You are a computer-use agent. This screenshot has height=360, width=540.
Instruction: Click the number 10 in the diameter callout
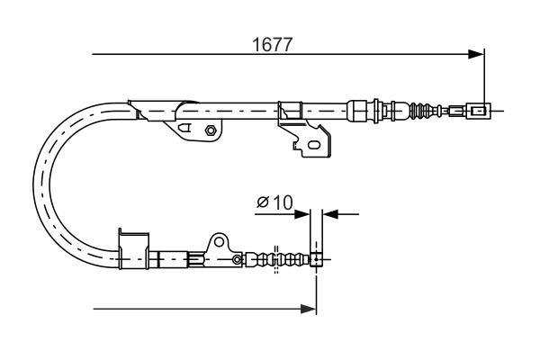(x=281, y=202)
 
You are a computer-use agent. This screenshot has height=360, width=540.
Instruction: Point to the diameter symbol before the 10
(x=263, y=202)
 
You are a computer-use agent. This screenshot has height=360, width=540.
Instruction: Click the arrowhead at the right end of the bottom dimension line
(x=309, y=310)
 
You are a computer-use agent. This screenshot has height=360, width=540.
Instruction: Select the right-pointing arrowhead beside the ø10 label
(x=303, y=214)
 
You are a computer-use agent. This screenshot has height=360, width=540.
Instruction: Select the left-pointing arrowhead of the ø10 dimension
(x=330, y=214)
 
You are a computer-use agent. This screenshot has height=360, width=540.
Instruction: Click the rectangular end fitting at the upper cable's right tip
(x=480, y=112)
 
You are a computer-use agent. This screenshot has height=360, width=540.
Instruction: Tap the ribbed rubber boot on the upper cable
(x=419, y=112)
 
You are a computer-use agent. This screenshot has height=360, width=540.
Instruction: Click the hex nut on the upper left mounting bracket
(x=210, y=130)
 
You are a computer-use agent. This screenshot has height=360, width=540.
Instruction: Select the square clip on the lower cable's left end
(x=132, y=246)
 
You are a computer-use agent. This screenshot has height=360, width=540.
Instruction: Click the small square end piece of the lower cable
(x=316, y=261)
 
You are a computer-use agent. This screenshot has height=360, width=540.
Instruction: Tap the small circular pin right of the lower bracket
(x=238, y=260)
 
